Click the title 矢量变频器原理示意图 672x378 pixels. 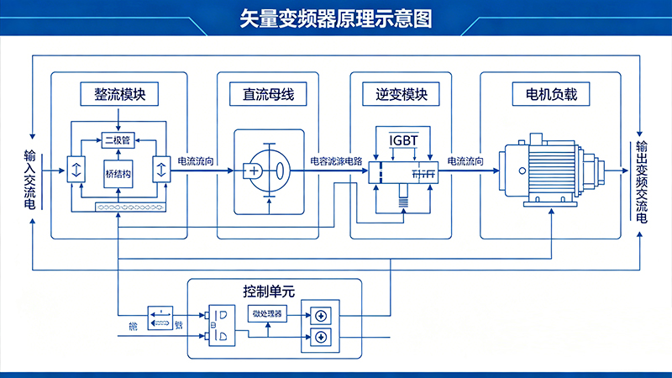[x=336, y=18]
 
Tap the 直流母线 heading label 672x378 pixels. [x=263, y=94]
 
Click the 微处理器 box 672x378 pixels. [x=268, y=313]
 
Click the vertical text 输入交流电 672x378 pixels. [x=31, y=178]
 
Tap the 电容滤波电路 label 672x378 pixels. [x=336, y=160]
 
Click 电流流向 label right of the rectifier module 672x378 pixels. [x=196, y=160]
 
